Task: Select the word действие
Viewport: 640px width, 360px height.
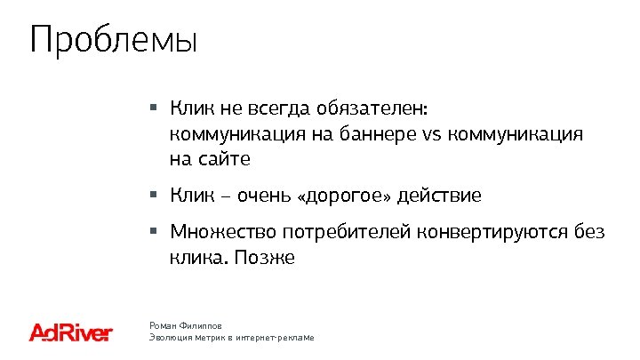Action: (440, 195)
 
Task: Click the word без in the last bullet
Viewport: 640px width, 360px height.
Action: (588, 233)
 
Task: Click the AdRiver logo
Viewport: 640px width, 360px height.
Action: (71, 332)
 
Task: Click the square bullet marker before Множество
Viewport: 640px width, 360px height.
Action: (153, 231)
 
